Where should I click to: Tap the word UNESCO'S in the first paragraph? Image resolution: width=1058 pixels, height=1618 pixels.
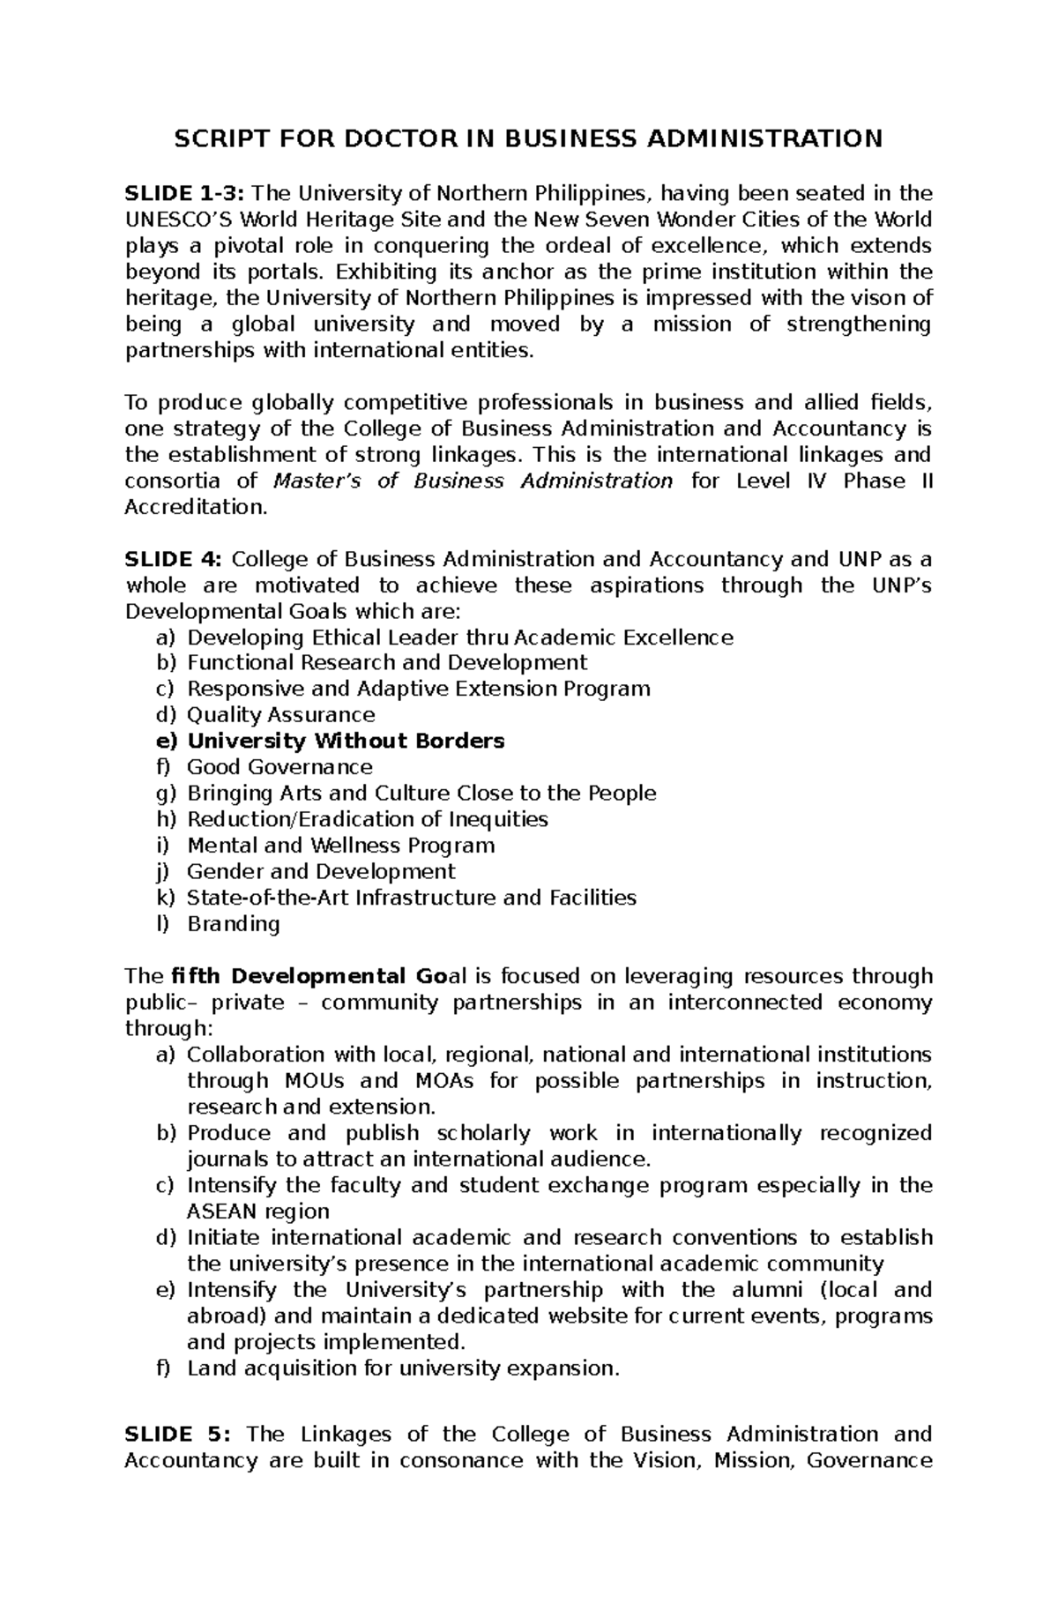pos(169,220)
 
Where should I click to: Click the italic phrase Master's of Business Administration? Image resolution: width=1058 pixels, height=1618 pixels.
pos(473,481)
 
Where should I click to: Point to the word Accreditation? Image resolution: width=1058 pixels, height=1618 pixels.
pos(194,508)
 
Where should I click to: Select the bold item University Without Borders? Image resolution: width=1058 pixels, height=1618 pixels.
pos(346,742)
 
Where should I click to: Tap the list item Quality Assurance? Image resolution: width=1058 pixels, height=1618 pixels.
pos(281,715)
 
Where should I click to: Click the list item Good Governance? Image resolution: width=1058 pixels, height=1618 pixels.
pos(279,767)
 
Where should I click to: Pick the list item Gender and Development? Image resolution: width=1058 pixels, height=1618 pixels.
pos(321,872)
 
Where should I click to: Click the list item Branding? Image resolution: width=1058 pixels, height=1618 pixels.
pos(234,924)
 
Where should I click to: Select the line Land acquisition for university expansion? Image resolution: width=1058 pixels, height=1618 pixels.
pos(404,1368)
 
